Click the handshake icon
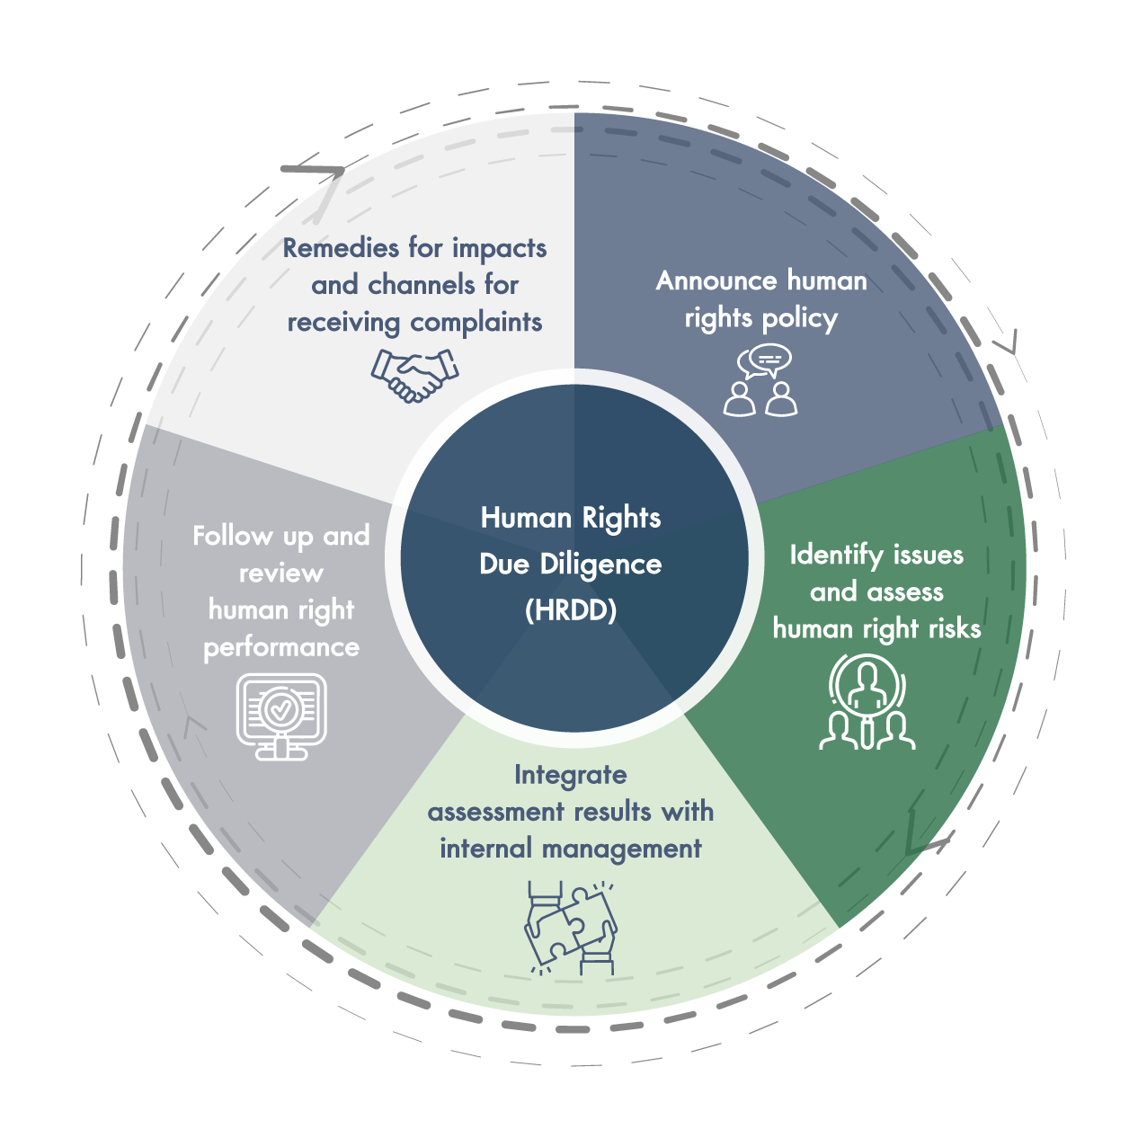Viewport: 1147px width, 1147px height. point(415,374)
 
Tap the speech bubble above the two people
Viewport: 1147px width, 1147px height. point(765,361)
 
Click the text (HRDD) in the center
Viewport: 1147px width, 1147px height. point(571,610)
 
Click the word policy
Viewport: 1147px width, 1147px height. point(798,318)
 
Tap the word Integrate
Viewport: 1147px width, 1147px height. point(571,775)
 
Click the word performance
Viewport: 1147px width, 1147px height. point(281,647)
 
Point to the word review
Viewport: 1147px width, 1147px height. point(281,573)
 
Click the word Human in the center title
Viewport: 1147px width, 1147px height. point(527,518)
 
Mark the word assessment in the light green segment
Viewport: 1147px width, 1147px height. point(496,812)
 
